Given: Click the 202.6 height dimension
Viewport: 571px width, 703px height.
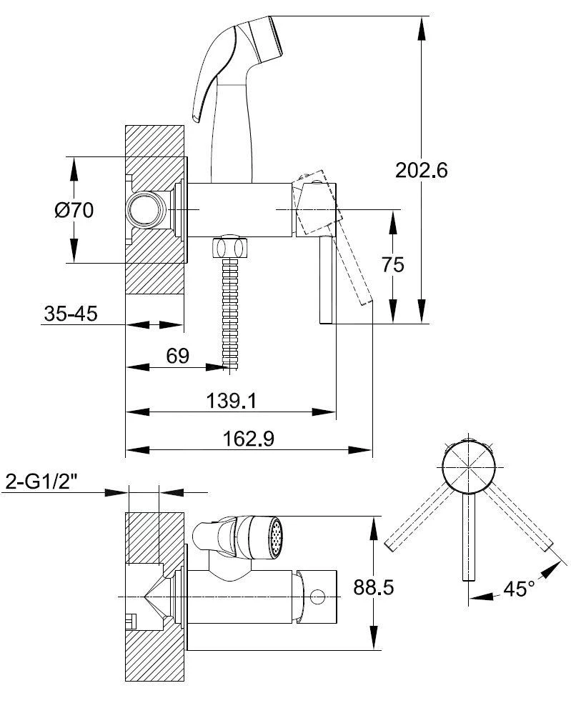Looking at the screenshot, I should (x=421, y=171).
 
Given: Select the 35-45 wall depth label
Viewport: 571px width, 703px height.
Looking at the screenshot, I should (x=71, y=314).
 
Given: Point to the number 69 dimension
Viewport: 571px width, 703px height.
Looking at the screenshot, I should (x=177, y=356).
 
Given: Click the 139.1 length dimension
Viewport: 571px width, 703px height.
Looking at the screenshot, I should (x=231, y=401).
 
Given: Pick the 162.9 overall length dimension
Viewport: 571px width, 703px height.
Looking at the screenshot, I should (x=249, y=439).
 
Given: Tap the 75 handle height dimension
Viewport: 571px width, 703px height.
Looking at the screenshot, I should (x=393, y=264).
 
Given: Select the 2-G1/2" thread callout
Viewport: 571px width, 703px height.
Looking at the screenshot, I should (x=51, y=482).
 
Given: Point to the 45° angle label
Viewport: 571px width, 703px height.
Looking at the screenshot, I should (x=519, y=589).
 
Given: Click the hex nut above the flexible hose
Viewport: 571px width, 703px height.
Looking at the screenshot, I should (x=230, y=247).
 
